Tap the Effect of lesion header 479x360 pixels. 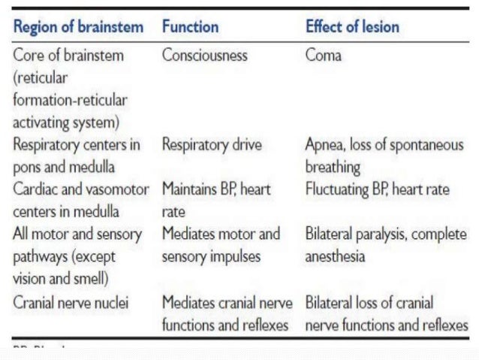click(x=352, y=28)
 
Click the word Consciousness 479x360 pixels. click(x=205, y=56)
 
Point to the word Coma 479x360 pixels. click(x=323, y=56)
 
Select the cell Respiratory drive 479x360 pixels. click(x=212, y=145)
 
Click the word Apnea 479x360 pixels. click(x=325, y=145)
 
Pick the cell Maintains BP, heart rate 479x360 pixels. click(x=214, y=200)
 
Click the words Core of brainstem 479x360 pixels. click(x=69, y=56)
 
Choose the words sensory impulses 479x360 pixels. click(x=211, y=256)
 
